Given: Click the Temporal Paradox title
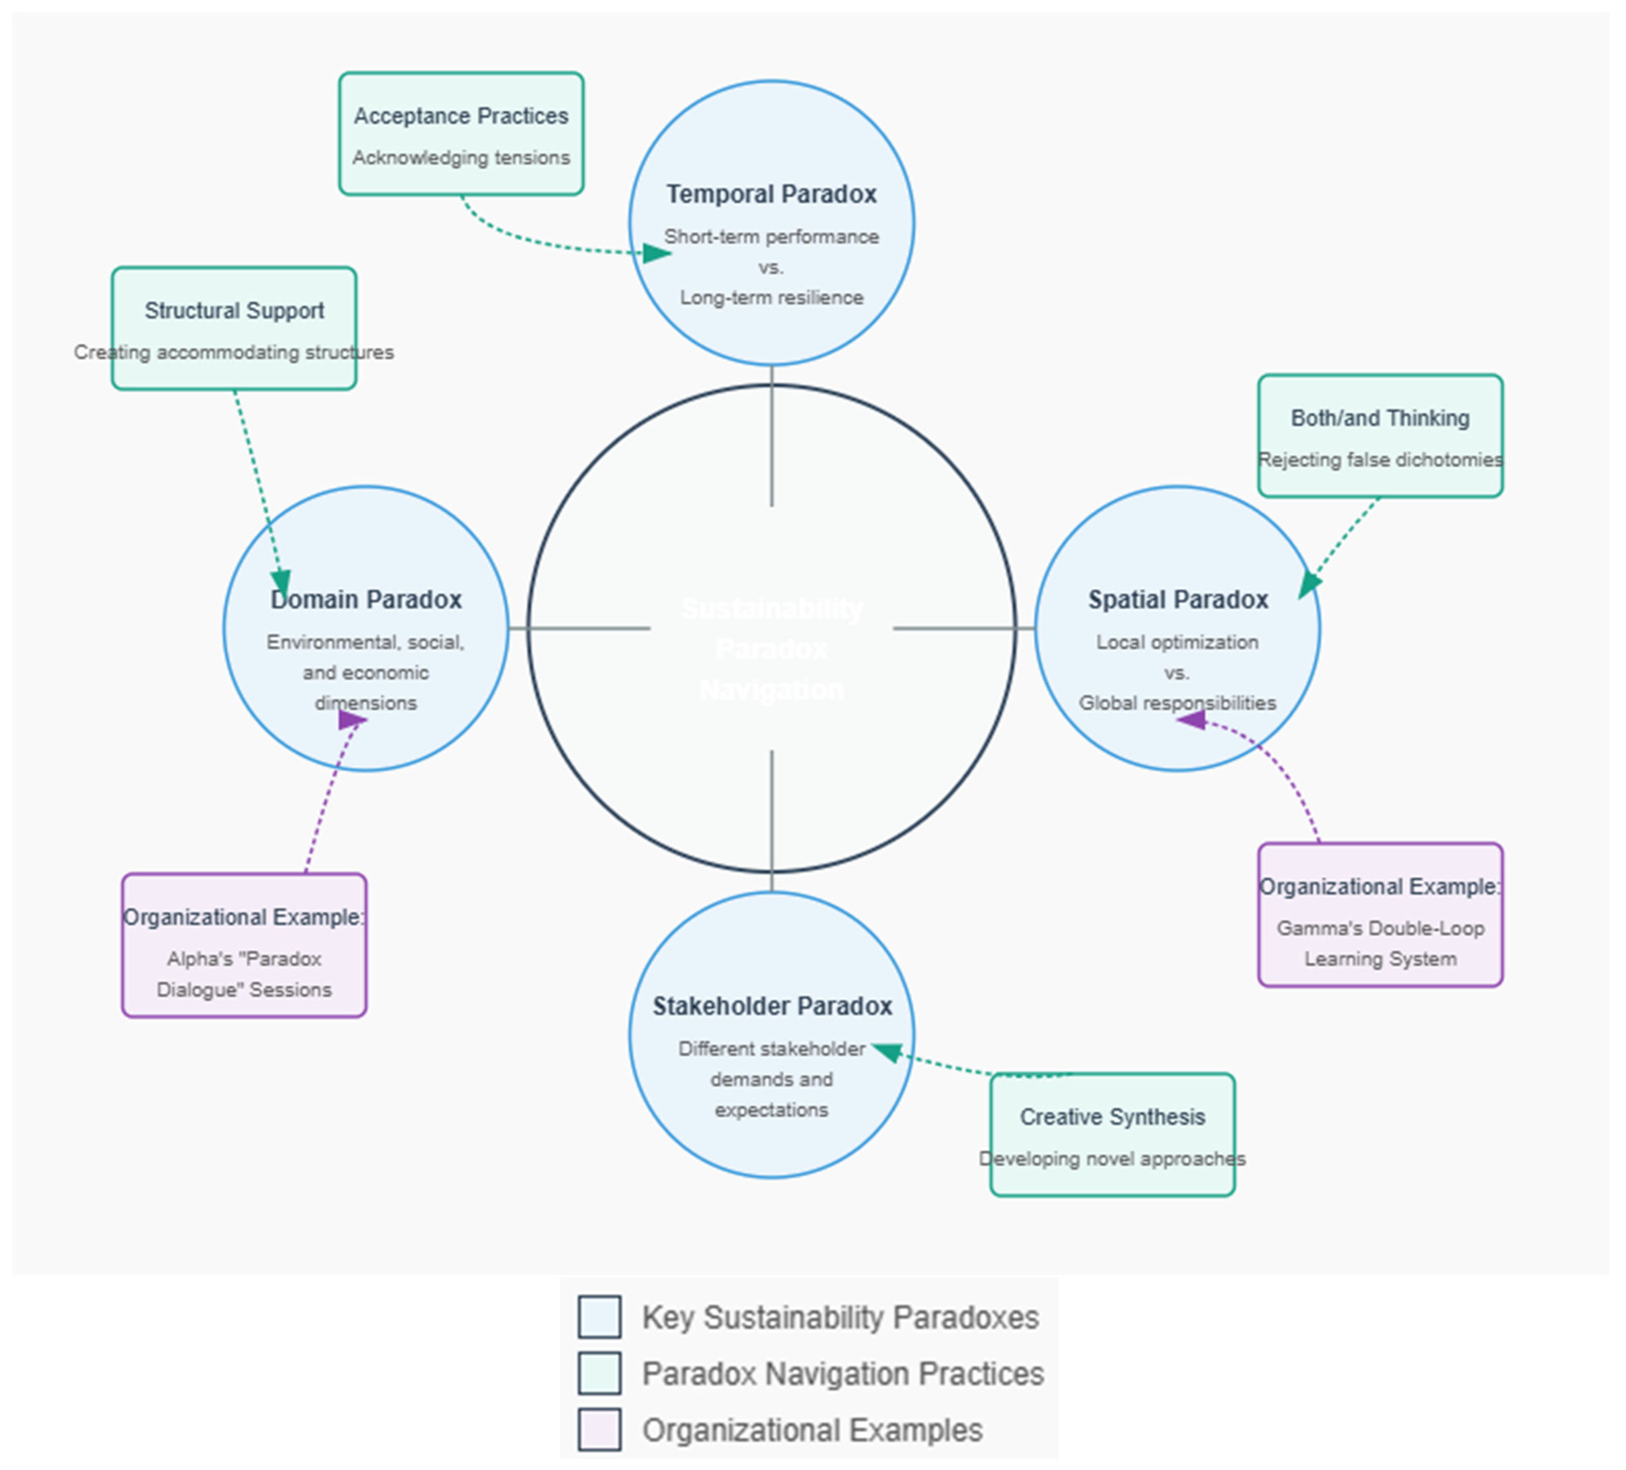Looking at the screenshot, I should click(x=771, y=195).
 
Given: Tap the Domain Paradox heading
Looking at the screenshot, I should click(x=366, y=599).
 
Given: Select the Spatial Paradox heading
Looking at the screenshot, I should click(x=1177, y=599).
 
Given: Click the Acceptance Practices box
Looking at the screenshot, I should click(x=460, y=133).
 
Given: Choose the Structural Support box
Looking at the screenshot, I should click(x=234, y=328).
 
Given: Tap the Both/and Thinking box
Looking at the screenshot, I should click(x=1380, y=436).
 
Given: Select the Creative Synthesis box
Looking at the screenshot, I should click(x=1112, y=1134).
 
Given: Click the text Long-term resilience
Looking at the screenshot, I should click(x=771, y=298).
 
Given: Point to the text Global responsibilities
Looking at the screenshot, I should click(x=1177, y=703).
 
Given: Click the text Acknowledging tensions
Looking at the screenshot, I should click(x=460, y=157).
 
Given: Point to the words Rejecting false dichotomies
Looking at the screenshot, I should click(x=1380, y=460).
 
